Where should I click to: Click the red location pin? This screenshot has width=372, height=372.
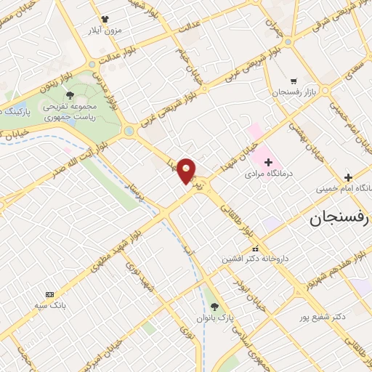point(187,170)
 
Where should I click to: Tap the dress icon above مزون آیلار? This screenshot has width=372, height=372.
point(104,18)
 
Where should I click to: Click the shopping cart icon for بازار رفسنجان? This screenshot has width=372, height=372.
point(293,81)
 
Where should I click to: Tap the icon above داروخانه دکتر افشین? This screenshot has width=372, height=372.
point(254,248)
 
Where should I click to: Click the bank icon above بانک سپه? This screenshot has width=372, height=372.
point(49,294)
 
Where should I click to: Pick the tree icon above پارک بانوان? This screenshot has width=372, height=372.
point(214,307)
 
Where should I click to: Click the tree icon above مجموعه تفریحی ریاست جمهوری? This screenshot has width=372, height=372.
point(70,95)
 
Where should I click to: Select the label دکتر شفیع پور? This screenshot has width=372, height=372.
point(323,317)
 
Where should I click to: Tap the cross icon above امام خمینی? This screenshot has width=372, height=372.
point(348,177)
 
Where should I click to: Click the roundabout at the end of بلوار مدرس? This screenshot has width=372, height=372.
point(129,131)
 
